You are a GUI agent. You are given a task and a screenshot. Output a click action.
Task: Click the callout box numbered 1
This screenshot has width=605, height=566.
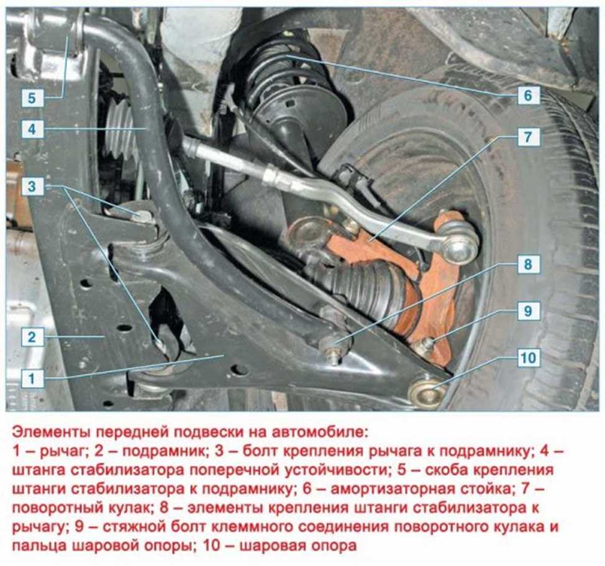tap(32, 378)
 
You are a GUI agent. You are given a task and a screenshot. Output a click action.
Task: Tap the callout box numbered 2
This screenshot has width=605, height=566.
tap(32, 337)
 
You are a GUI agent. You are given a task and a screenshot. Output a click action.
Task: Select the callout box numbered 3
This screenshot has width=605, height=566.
tap(32, 187)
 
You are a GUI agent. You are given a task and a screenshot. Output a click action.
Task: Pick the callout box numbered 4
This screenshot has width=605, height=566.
tap(32, 129)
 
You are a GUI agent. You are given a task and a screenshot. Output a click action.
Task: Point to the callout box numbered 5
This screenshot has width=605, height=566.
tap(32, 98)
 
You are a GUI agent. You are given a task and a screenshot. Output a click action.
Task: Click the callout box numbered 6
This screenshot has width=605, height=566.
tap(528, 95)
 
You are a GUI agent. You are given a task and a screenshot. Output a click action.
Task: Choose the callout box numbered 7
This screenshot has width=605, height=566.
tap(528, 137)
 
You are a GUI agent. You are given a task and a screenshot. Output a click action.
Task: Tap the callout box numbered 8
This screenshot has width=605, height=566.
tap(528, 264)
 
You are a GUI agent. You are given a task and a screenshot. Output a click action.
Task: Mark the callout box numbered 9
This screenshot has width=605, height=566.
tap(528, 311)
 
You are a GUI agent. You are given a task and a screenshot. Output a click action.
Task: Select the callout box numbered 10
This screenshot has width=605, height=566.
tap(528, 358)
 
